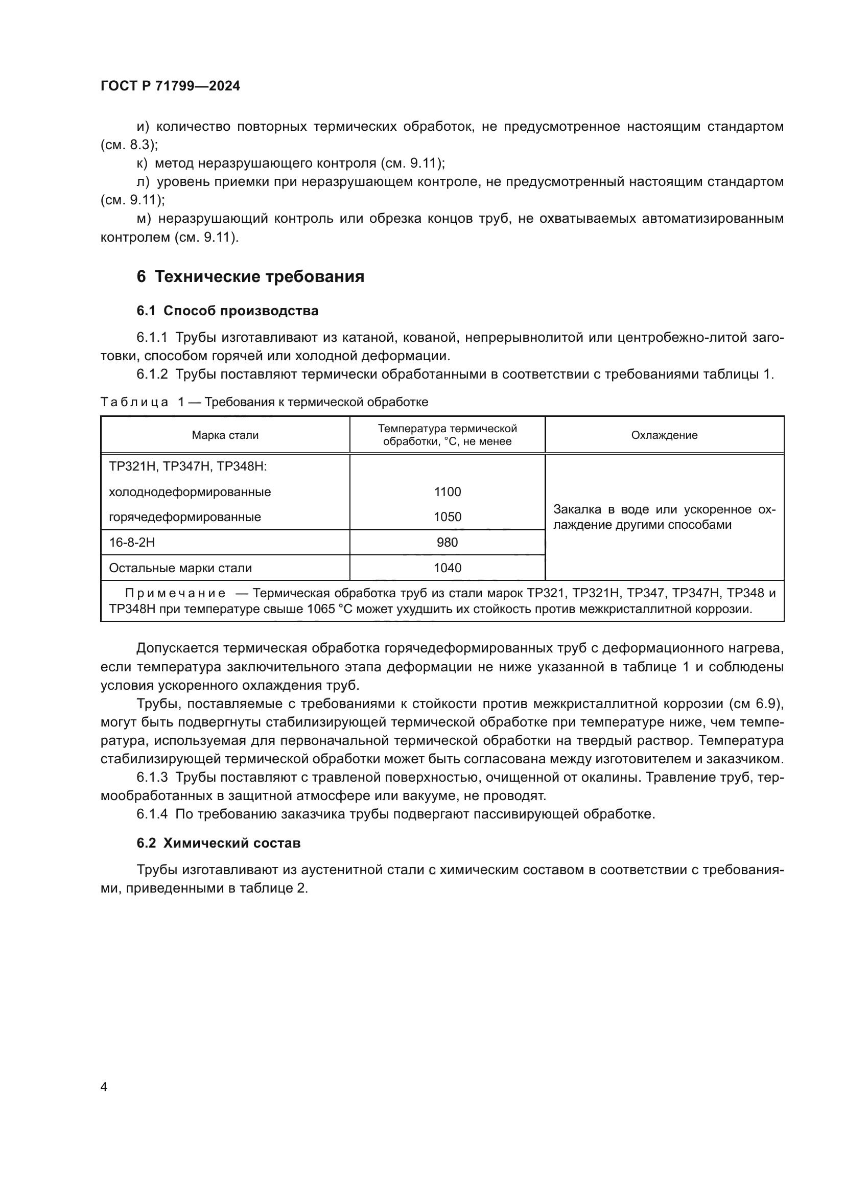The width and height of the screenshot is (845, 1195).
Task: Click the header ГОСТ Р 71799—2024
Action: coord(170,86)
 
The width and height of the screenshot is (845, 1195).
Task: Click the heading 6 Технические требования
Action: coord(250,276)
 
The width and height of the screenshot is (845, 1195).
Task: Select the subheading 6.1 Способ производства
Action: coord(227,311)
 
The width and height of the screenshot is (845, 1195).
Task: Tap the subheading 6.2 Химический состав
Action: coord(219,842)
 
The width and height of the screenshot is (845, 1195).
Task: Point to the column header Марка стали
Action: coord(225,435)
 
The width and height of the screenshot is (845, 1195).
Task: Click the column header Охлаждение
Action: coord(664,435)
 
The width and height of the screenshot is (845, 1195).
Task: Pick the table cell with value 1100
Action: coord(447,491)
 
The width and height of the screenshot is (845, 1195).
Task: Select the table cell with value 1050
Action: coord(447,517)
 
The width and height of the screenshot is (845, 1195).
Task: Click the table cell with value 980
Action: coord(447,543)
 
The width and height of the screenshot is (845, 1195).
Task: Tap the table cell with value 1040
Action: coord(447,568)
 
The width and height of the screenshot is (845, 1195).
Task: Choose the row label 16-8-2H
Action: coord(132,543)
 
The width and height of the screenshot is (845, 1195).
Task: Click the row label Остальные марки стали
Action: coord(180,568)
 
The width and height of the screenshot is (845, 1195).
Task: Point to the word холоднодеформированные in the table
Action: coord(190,491)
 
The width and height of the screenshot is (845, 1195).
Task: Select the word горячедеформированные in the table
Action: coord(185,517)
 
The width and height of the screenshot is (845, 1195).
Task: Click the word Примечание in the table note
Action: coord(175,593)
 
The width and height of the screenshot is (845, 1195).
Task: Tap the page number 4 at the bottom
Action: coord(104,1087)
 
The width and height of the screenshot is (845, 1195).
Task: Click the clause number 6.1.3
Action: coord(152,777)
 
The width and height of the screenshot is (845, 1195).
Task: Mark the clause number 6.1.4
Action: coord(152,813)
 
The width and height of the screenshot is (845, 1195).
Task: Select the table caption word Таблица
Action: coord(134,402)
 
